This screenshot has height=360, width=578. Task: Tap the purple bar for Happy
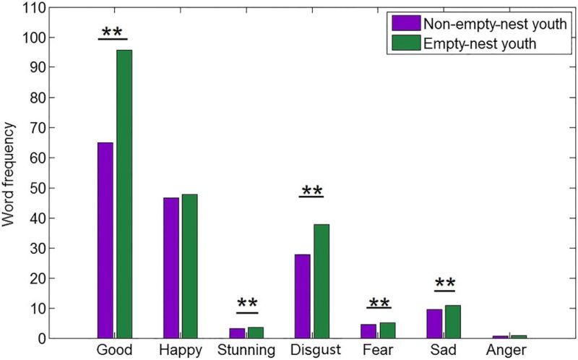click(x=171, y=267)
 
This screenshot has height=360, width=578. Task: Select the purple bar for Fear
click(x=368, y=331)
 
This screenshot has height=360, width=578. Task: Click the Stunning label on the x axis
click(x=246, y=350)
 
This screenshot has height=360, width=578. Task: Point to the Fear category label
click(x=378, y=350)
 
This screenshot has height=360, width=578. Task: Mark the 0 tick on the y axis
click(x=41, y=338)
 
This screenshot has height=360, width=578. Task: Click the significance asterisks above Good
click(x=112, y=32)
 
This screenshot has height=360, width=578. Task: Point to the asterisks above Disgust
click(x=311, y=190)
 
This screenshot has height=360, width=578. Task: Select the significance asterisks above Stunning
click(x=246, y=303)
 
